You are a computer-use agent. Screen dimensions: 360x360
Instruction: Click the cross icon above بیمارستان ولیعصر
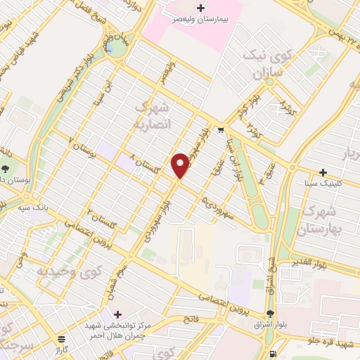[201, 8]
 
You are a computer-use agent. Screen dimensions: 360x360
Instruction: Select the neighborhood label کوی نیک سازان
[262, 63]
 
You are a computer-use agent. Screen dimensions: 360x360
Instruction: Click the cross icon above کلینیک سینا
[323, 172]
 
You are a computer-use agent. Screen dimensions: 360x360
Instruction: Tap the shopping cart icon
[221, 129]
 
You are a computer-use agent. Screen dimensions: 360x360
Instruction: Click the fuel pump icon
[273, 354]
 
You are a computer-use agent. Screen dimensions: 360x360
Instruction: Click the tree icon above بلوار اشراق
[271, 314]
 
